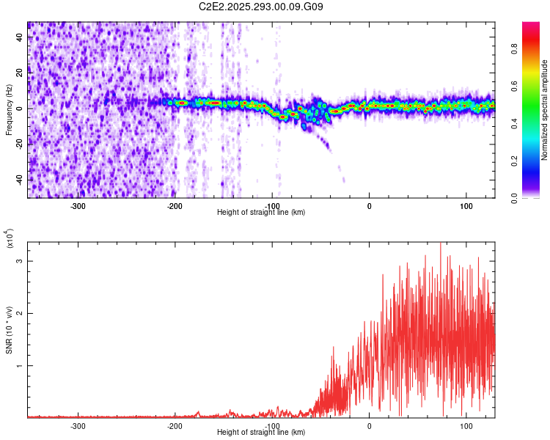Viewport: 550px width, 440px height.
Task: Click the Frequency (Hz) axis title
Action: click(9, 109)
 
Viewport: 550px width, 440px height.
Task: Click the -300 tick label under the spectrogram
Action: click(78, 205)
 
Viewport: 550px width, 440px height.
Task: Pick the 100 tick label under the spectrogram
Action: click(466, 205)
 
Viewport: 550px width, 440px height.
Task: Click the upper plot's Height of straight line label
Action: click(261, 212)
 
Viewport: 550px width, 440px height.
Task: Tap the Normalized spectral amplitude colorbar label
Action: click(545, 110)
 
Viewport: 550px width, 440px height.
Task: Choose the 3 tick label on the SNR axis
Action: click(19, 261)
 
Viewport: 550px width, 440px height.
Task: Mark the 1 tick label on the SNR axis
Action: click(19, 365)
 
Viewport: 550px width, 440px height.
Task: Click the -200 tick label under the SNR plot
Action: click(175, 425)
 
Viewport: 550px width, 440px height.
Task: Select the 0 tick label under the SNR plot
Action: click(369, 425)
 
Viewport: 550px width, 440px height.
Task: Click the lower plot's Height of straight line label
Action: click(261, 432)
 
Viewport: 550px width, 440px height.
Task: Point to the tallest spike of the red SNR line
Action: click(440, 244)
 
